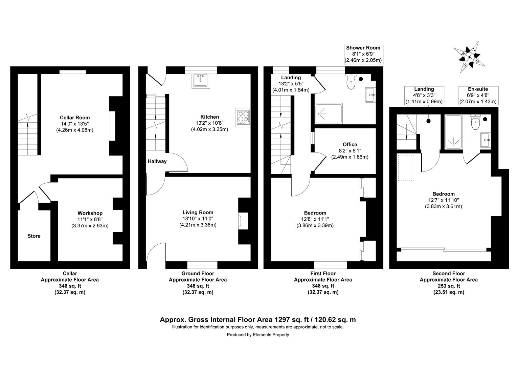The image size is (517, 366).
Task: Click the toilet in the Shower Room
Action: tap(351, 82)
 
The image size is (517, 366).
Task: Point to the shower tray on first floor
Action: tap(329, 114)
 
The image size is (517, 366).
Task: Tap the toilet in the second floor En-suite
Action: tap(475, 122)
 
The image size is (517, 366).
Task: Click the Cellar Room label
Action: tap(75, 118)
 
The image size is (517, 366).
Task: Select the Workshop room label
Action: tap(90, 213)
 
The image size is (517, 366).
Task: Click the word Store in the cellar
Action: tap(34, 236)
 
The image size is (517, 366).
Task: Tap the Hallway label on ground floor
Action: tap(157, 161)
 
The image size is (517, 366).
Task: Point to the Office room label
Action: tap(350, 144)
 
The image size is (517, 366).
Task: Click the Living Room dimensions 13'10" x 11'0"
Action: tap(198, 219)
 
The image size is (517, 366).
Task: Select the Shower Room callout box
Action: tap(363, 54)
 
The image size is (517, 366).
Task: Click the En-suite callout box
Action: tap(477, 95)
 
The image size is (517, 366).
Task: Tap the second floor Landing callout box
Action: tap(424, 95)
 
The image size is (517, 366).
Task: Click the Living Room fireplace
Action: tap(243, 221)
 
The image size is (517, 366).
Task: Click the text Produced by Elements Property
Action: tap(258, 335)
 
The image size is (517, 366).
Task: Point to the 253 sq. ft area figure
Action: tap(449, 286)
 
